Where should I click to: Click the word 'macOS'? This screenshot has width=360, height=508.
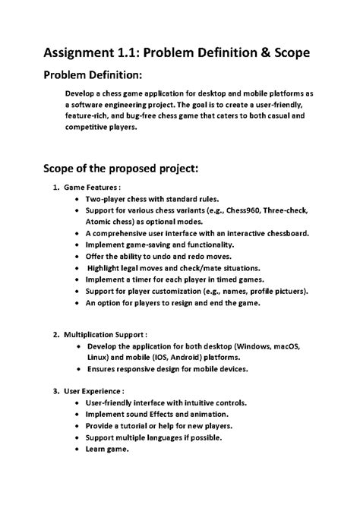pyautogui.click(x=284, y=346)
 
